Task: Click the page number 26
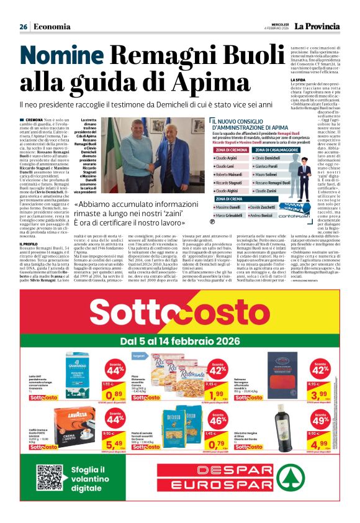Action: coord(23,27)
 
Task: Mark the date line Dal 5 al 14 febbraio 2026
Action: coord(179,341)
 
